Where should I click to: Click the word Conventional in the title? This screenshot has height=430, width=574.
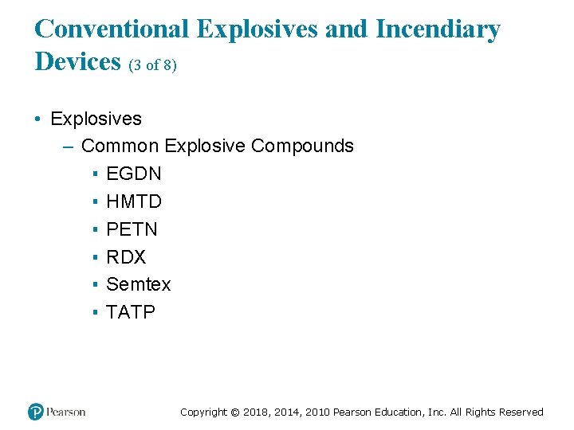(112, 29)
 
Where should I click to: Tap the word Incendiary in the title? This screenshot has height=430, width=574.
(438, 29)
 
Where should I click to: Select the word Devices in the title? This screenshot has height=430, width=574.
(77, 61)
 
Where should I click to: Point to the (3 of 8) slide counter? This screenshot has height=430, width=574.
(152, 65)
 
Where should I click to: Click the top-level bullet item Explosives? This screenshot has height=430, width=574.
(96, 119)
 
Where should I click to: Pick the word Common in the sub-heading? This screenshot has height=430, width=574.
(120, 146)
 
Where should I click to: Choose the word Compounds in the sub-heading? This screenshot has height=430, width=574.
(302, 146)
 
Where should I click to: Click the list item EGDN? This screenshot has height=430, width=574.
(133, 174)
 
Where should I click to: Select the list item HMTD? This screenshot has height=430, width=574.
(133, 201)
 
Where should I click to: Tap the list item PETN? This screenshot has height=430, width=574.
(132, 229)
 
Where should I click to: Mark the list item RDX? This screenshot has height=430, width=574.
(126, 257)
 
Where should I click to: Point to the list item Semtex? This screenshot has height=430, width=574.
(138, 284)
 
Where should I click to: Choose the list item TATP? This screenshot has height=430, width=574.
(131, 312)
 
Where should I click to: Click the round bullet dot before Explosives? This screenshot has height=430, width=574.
(38, 119)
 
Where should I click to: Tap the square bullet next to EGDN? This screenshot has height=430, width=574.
(94, 174)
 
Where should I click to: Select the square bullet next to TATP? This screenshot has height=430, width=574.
(94, 313)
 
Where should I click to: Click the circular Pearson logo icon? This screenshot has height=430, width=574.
(36, 412)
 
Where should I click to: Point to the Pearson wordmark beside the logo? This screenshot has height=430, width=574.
(65, 412)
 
